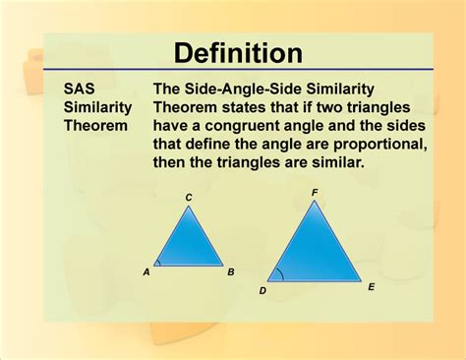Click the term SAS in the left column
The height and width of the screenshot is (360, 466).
click(x=81, y=89)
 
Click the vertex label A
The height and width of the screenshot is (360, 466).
click(x=146, y=272)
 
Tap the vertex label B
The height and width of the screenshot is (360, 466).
click(x=231, y=272)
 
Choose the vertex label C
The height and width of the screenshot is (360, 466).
click(x=189, y=198)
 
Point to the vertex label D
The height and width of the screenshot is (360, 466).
click(x=262, y=291)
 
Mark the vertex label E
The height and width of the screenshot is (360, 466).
click(x=371, y=287)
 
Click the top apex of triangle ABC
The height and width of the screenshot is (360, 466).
click(x=189, y=207)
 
